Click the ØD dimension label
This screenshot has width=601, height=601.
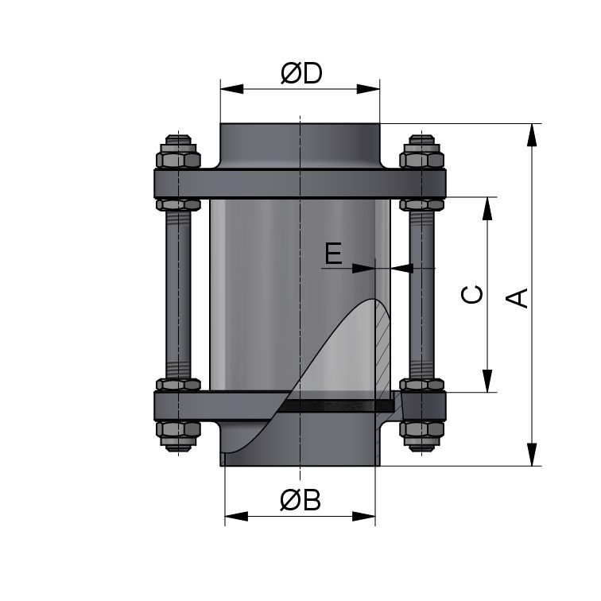pyautogui.click(x=300, y=74)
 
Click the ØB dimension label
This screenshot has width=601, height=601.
pyautogui.click(x=300, y=501)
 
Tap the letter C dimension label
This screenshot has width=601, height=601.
pyautogui.click(x=472, y=294)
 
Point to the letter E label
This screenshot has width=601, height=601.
pyautogui.click(x=334, y=254)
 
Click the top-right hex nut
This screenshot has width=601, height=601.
pyautogui.click(x=421, y=153)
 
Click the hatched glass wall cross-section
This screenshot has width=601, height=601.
pyautogui.click(x=382, y=350)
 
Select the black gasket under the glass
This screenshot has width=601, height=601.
pyautogui.click(x=334, y=405)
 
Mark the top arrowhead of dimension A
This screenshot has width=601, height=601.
pyautogui.click(x=531, y=132)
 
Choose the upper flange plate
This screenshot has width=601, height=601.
pyautogui.click(x=300, y=184)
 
